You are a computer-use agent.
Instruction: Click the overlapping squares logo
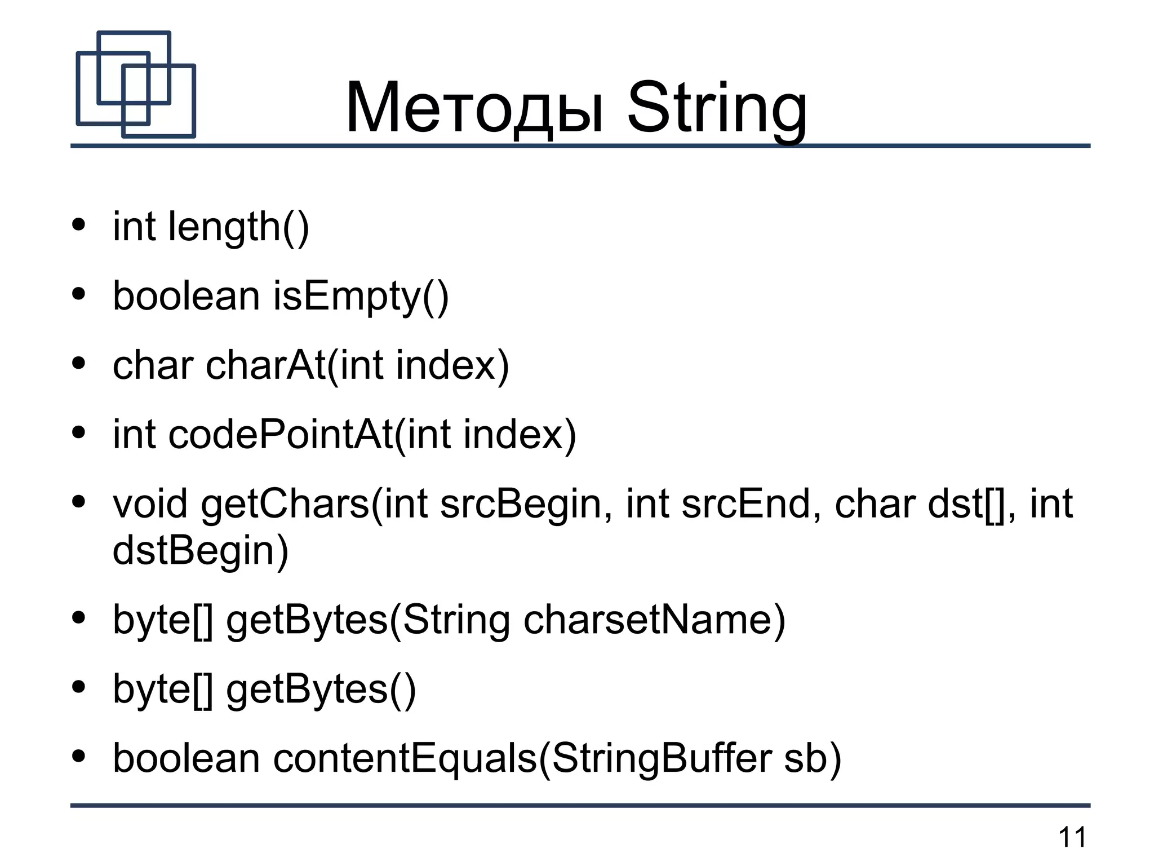click(x=136, y=85)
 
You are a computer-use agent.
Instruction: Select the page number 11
click(x=1072, y=837)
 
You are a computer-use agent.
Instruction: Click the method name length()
click(x=239, y=227)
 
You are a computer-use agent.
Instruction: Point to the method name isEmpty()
click(x=361, y=297)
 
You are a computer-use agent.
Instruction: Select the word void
click(x=150, y=503)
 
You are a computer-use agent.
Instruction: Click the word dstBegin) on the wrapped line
click(x=201, y=551)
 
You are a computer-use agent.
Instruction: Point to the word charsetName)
click(x=654, y=620)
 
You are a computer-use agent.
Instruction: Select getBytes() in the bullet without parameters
click(x=321, y=690)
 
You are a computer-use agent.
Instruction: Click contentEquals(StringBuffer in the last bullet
click(x=522, y=758)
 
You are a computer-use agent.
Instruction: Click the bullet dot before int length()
click(x=79, y=225)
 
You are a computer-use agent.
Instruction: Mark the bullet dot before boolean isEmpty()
click(x=79, y=294)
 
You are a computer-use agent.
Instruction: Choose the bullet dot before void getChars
click(x=79, y=501)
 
